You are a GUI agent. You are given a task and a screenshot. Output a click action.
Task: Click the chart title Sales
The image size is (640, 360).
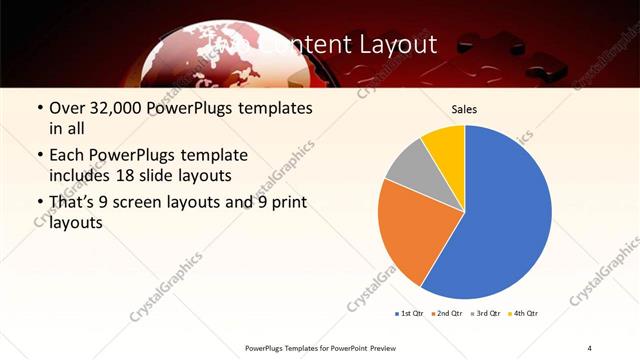(464, 109)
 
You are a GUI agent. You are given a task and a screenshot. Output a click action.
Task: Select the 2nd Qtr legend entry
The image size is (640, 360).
(448, 314)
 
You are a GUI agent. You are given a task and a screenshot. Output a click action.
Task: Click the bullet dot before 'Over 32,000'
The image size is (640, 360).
(38, 108)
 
